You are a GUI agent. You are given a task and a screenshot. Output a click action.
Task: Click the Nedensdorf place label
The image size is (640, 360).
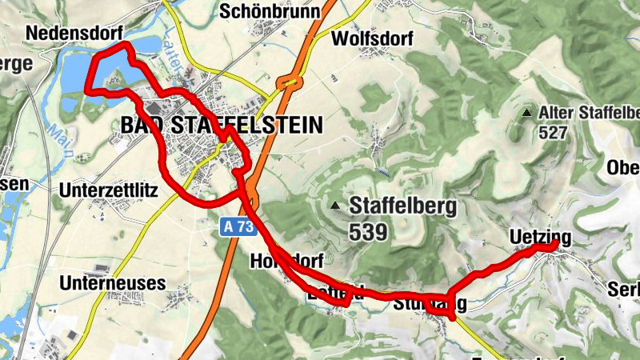pyautogui.click(x=73, y=33)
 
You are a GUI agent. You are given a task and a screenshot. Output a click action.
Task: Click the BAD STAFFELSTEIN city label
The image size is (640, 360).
pyautogui.click(x=221, y=125)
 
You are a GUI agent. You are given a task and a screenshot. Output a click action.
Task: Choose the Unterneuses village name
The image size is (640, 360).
pyautogui.click(x=113, y=283)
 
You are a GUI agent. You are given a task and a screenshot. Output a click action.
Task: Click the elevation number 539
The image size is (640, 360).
pyautogui.click(x=368, y=232)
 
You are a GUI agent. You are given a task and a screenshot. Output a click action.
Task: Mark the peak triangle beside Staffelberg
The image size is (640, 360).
pyautogui.click(x=335, y=206)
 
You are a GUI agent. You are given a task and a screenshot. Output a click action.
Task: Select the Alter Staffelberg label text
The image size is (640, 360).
pyautogui.click(x=589, y=113)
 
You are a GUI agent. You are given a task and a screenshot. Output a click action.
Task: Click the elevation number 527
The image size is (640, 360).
pyautogui.click(x=553, y=133)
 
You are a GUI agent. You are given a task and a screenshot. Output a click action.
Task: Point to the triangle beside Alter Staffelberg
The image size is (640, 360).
pyautogui.click(x=526, y=114)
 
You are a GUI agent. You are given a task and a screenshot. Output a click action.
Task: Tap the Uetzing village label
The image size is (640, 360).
pyautogui.click(x=540, y=237)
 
